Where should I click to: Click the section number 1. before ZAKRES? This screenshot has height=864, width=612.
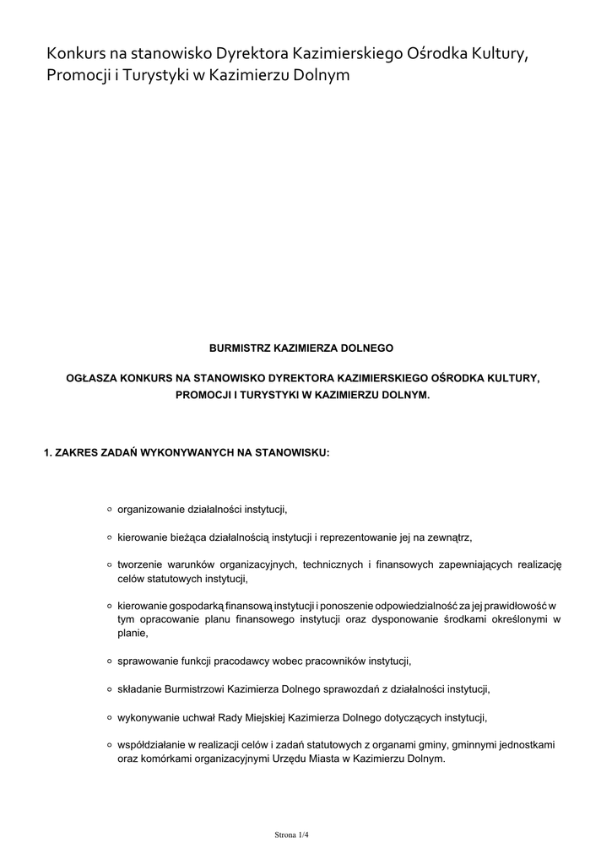point(48,453)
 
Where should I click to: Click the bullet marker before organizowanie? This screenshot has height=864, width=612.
point(110,510)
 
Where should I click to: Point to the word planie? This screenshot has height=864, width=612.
point(133,633)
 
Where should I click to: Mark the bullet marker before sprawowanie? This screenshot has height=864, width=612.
point(110,661)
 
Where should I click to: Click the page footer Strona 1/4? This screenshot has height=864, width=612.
point(292,835)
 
